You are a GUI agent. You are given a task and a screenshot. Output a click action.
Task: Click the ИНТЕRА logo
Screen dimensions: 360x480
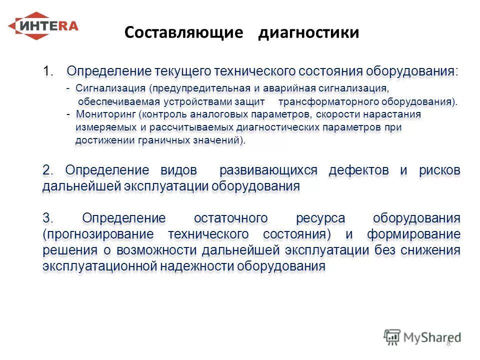(43, 26)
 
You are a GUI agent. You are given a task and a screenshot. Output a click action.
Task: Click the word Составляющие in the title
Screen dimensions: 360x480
(183, 33)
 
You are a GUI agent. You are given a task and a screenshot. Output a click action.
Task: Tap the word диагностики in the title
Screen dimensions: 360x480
(308, 33)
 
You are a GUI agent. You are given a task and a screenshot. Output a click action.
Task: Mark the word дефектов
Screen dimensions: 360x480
(358, 170)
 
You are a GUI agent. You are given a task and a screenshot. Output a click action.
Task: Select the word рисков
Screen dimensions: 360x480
(440, 170)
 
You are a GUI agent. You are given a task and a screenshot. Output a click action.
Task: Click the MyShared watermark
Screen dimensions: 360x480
(422, 337)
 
